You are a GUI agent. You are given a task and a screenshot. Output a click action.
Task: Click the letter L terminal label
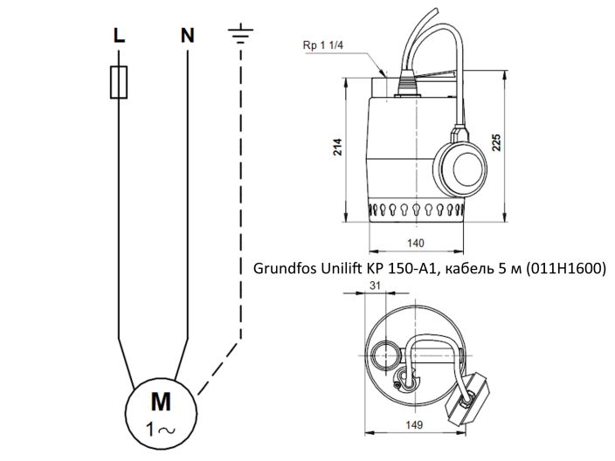pyautogui.click(x=119, y=36)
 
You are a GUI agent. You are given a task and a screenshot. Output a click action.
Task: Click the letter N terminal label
pyautogui.click(x=187, y=36)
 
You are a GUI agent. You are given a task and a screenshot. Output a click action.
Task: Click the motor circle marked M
pyautogui.click(x=162, y=411)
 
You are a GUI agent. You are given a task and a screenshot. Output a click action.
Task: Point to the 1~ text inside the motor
pyautogui.click(x=162, y=428)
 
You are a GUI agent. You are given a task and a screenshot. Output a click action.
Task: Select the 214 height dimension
pyautogui.click(x=338, y=148)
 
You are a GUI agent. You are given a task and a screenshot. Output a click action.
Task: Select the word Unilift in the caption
pyautogui.click(x=335, y=267)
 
